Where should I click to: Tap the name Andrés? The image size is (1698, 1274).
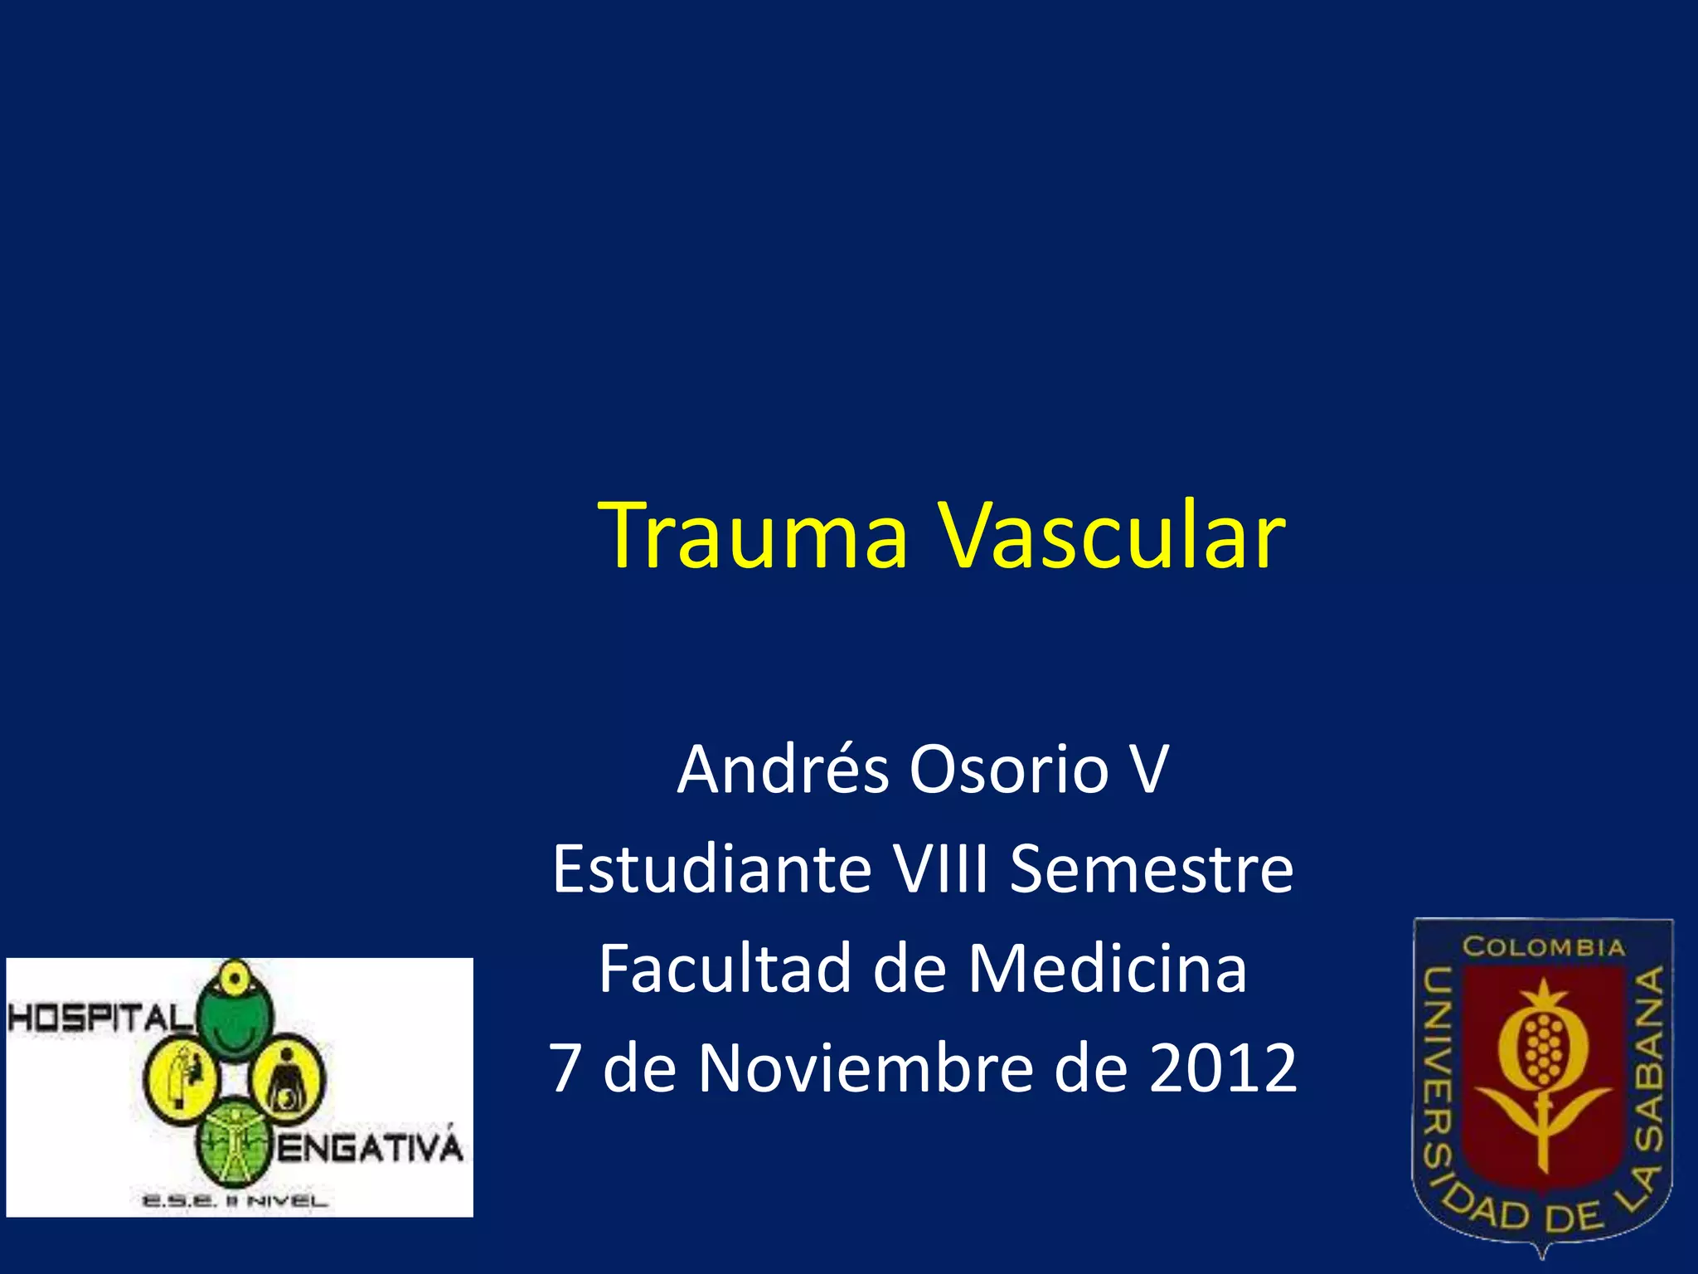(783, 770)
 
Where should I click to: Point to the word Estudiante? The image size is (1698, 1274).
(711, 869)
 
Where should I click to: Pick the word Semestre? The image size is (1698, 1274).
(1152, 869)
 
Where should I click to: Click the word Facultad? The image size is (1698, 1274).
(725, 969)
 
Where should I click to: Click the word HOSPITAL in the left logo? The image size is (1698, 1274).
(98, 1018)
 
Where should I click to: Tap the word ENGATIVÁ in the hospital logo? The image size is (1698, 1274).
(369, 1149)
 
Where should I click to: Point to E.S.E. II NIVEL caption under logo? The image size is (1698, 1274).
(235, 1200)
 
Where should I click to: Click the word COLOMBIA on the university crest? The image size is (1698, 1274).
(1543, 946)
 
